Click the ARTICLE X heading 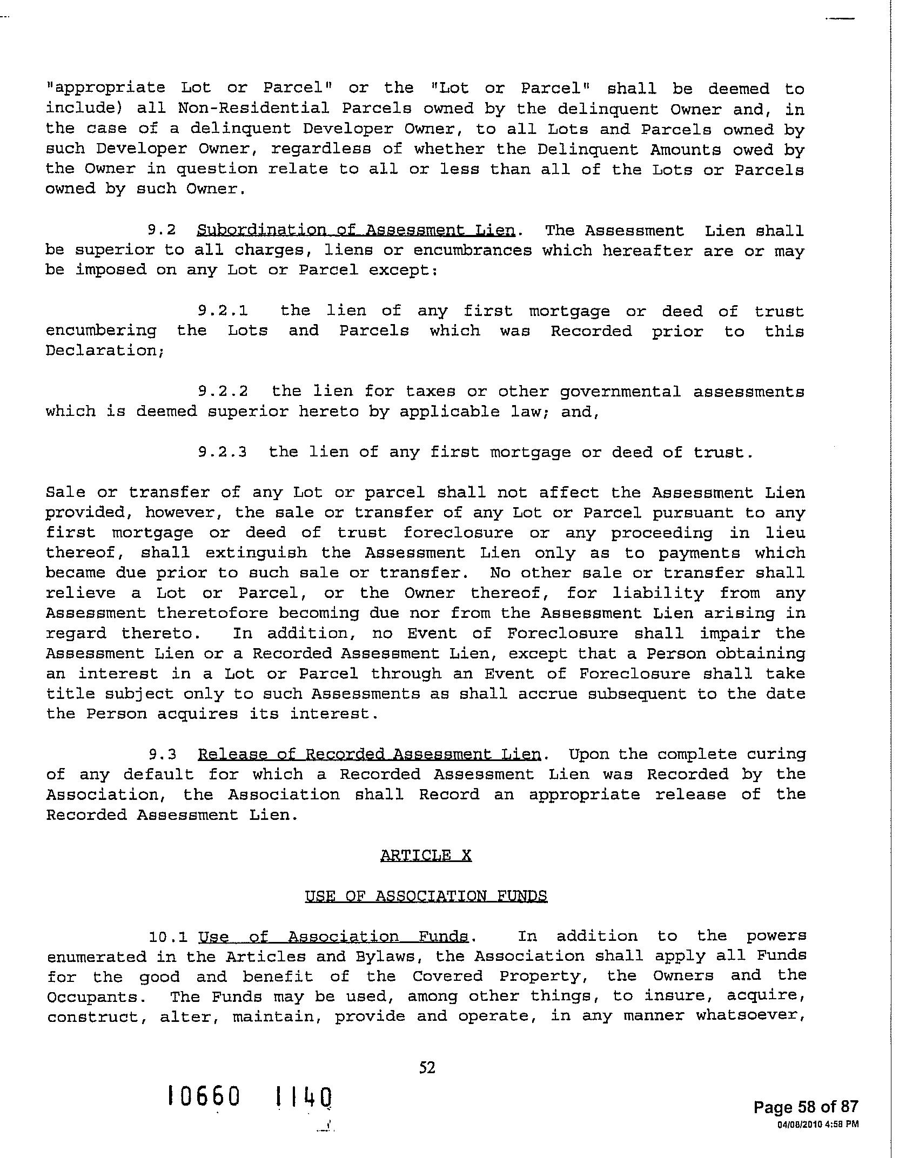point(426,856)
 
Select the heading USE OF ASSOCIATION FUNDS point(426,896)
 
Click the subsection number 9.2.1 point(223,311)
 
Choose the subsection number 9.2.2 point(223,391)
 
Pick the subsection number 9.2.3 point(223,452)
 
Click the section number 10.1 point(168,937)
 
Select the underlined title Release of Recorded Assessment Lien point(370,754)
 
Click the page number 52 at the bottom point(427,1067)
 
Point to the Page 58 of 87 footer point(806,1107)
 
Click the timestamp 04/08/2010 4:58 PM point(817,1125)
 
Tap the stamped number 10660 point(203,1097)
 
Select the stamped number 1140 point(303,1097)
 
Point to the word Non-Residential point(254,109)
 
